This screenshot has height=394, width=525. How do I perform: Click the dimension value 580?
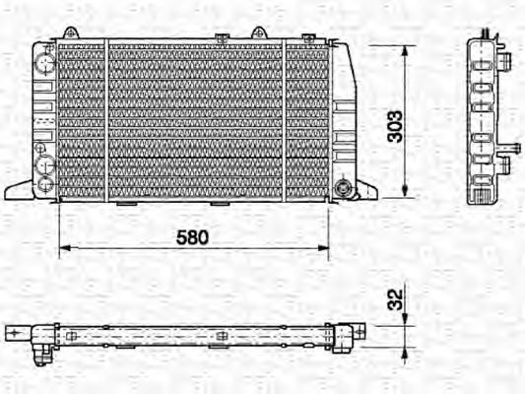[x=194, y=238]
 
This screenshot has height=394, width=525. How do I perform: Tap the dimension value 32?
[x=395, y=298]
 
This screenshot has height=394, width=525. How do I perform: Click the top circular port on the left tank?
[x=44, y=61]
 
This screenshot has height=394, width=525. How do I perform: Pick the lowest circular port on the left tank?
[x=44, y=181]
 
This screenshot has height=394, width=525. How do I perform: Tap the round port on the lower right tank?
[x=343, y=185]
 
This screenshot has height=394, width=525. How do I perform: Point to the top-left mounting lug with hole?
[x=72, y=33]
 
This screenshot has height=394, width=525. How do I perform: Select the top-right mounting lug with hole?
[x=258, y=33]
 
